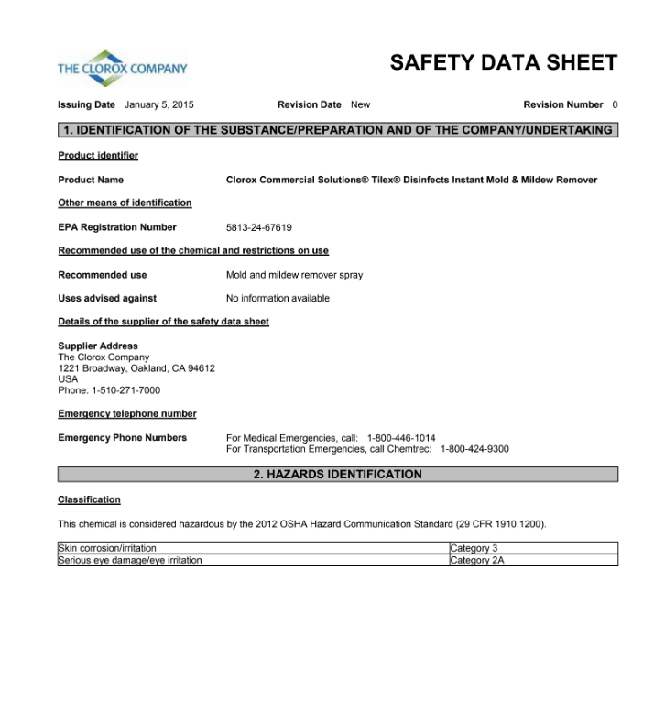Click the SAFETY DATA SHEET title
[x=503, y=62]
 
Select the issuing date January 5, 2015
[x=159, y=104]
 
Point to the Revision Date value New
[x=360, y=104]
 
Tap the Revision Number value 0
[x=615, y=104]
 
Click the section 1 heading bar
[x=337, y=130]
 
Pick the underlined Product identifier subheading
[x=98, y=156]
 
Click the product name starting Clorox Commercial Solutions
[x=411, y=180]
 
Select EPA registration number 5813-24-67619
[x=259, y=227]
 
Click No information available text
[x=278, y=298]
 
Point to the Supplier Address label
[x=98, y=346]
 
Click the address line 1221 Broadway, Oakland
[x=136, y=368]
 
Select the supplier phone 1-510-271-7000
[x=127, y=390]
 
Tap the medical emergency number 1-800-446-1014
[x=401, y=438]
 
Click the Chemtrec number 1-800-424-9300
[x=474, y=449]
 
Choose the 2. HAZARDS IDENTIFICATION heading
[x=337, y=475]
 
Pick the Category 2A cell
[x=477, y=560]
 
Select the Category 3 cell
[x=474, y=548]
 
